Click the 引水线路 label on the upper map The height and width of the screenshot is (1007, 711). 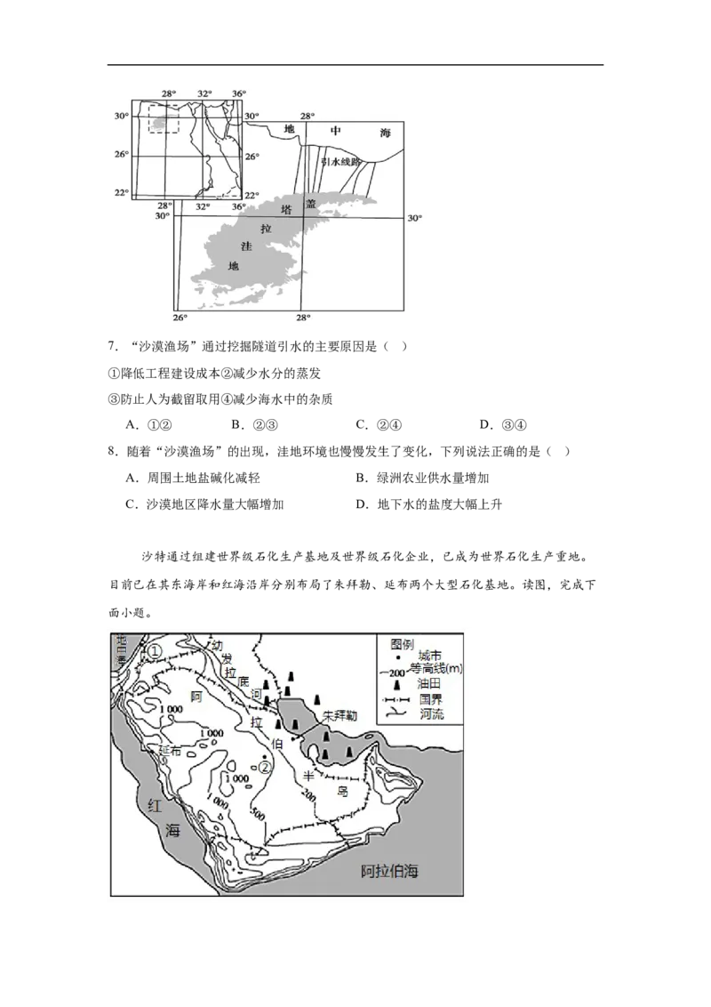[x=341, y=163]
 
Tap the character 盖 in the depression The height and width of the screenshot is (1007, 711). [x=310, y=204]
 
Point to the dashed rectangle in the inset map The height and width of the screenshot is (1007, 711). [x=164, y=119]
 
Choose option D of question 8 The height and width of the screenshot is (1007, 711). [x=428, y=504]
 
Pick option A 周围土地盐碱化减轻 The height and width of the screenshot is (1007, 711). [x=193, y=479]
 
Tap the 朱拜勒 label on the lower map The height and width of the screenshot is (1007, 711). [x=340, y=715]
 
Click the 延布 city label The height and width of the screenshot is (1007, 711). [x=171, y=750]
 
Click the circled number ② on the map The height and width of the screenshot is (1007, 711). [x=265, y=766]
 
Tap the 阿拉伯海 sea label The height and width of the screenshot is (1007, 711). [x=389, y=872]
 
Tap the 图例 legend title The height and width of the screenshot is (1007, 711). [x=403, y=643]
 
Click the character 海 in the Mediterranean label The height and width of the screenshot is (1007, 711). [x=385, y=133]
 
